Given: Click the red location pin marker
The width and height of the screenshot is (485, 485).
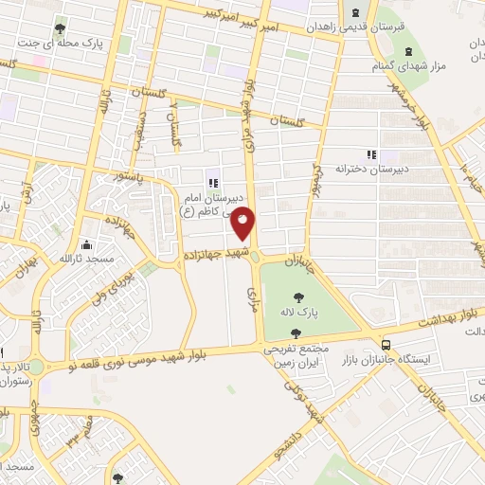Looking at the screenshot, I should coord(243,223).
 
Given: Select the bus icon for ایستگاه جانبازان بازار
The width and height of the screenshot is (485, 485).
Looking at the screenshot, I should coord(386,344).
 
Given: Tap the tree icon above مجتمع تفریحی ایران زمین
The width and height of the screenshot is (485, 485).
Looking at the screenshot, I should coord(297,332).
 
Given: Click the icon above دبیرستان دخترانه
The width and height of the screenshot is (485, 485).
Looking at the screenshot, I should coord(372,153).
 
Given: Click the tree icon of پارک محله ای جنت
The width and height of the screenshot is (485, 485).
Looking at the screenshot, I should coord(62,26).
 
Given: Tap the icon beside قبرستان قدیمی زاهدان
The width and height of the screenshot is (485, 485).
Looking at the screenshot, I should coord(355,13).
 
